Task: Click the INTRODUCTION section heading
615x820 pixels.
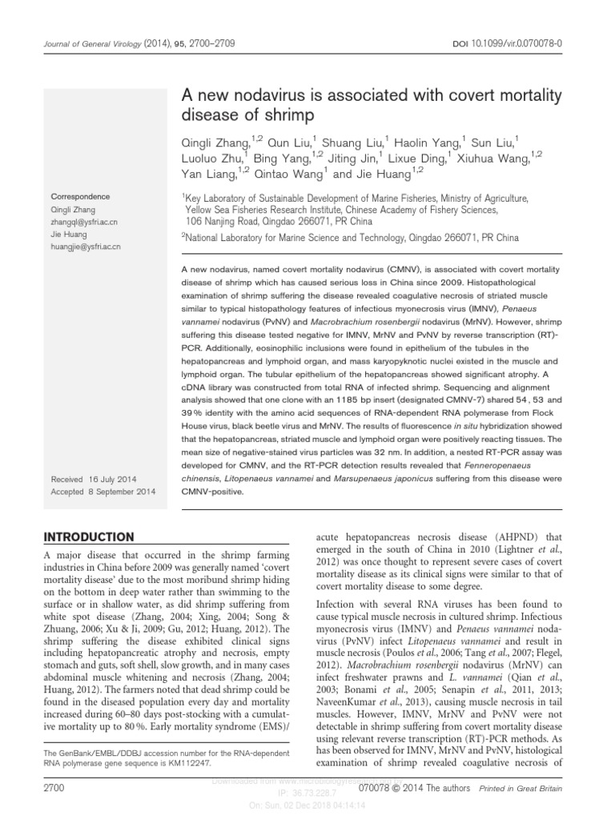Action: tap(88, 536)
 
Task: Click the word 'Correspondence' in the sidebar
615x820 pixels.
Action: tap(81, 196)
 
